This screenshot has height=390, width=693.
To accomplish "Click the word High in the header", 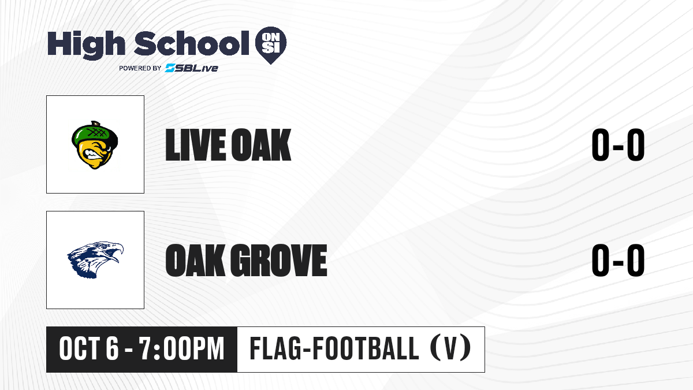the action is pos(86,45).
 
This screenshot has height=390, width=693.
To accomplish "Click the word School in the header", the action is pos(192,43).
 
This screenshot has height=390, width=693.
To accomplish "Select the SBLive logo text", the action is pos(192,68).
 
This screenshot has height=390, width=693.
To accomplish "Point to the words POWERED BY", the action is pos(140,68).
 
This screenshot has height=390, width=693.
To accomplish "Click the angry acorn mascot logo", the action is pos(95,145).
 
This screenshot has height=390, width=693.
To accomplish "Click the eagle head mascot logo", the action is pos(95,259).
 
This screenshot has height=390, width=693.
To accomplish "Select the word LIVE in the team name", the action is pos(196,145).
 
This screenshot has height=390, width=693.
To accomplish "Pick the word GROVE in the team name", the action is pos(279,260).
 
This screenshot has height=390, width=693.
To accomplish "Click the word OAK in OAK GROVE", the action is pos(195,260).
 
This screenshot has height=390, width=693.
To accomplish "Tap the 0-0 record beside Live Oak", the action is pos(618,145).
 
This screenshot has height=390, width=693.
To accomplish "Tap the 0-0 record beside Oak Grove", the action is pos(618,260).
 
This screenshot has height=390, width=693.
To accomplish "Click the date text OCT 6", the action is pos(89,348).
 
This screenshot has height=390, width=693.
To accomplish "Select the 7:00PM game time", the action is pos(181,348).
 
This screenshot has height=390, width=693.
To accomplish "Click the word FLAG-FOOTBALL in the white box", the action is pos(334,348).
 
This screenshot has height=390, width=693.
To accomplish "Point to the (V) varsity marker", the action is pos(450,348).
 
